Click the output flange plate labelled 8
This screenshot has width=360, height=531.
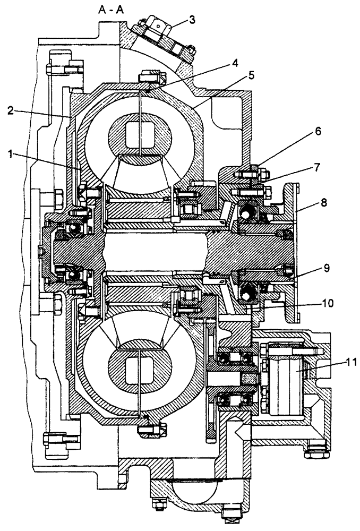coord(292,250)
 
